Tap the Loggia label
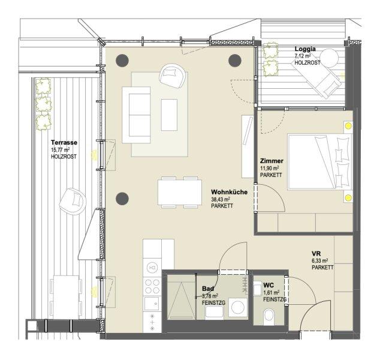click(x=304, y=49)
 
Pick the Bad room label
click(x=208, y=289)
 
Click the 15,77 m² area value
click(x=61, y=150)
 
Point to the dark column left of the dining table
click(x=123, y=198)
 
